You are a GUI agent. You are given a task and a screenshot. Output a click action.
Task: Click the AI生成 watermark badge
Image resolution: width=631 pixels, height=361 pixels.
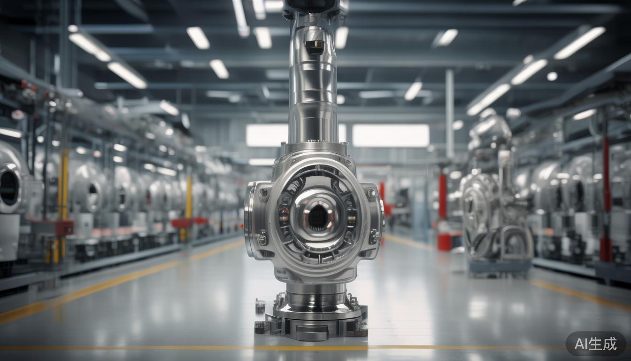tap(595, 344)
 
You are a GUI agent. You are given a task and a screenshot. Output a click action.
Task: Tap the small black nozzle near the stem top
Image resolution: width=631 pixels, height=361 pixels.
tap(314, 47)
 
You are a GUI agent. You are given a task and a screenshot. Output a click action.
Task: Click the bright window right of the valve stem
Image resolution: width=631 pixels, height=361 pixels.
tap(390, 135)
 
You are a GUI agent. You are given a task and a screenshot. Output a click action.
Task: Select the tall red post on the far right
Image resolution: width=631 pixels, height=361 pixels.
tap(605, 197)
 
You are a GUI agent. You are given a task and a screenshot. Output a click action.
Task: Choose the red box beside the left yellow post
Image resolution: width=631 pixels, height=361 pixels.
tap(58, 228)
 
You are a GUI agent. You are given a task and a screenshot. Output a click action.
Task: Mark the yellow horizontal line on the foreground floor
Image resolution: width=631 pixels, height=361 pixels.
tap(141, 348)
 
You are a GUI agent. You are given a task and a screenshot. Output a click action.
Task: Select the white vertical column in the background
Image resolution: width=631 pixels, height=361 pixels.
tap(449, 113)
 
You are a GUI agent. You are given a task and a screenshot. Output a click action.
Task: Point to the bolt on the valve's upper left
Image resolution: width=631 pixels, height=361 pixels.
tap(263, 192)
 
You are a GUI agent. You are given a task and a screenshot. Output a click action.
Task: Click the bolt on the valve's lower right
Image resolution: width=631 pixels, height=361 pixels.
tap(374, 236)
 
